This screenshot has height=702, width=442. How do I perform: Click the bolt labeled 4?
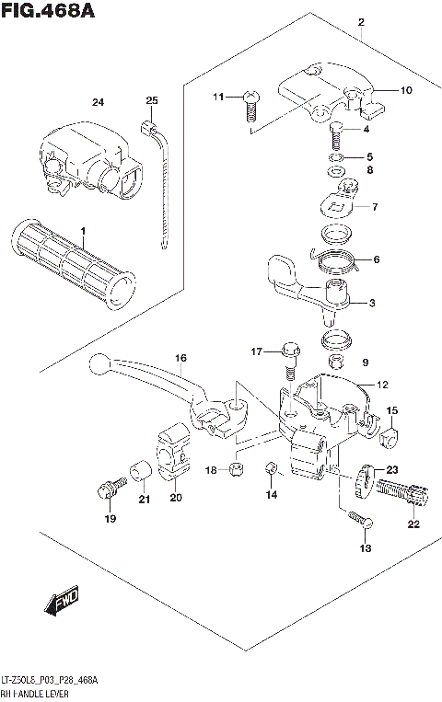[336, 136]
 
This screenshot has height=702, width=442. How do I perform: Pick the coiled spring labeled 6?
[339, 262]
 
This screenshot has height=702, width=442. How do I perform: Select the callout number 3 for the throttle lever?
[373, 303]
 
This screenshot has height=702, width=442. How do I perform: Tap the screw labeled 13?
[358, 521]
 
